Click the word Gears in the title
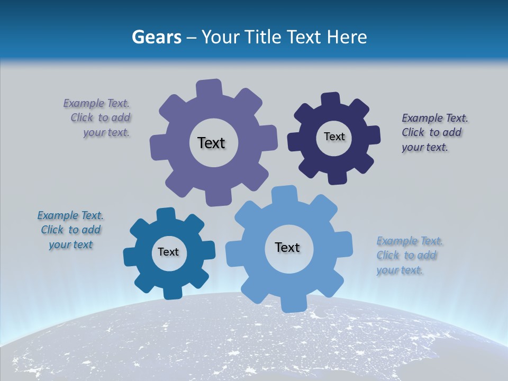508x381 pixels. click(156, 37)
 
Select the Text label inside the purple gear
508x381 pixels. click(211, 143)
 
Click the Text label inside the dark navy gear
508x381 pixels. click(334, 137)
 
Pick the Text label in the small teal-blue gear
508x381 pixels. click(168, 252)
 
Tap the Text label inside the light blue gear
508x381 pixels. click(287, 247)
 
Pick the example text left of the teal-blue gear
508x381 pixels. click(71, 230)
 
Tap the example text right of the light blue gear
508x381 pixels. click(408, 256)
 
